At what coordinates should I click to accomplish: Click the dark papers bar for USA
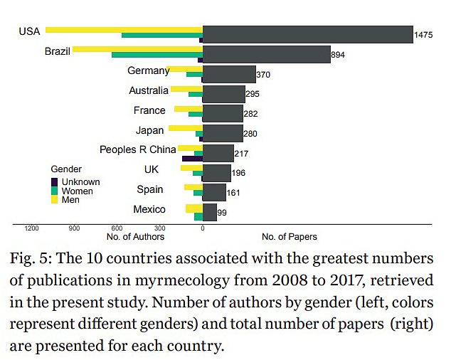(307, 34)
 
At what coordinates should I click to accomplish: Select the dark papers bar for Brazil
(266, 54)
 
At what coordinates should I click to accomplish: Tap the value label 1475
(424, 35)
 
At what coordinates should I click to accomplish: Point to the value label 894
(338, 55)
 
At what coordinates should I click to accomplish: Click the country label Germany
(147, 70)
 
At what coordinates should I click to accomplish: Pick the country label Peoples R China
(137, 149)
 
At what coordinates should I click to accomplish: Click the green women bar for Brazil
(156, 54)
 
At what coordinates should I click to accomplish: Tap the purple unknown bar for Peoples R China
(192, 157)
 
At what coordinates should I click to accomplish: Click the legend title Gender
(66, 169)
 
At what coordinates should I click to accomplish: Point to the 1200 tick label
(31, 229)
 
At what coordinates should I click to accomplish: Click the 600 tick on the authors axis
(117, 229)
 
